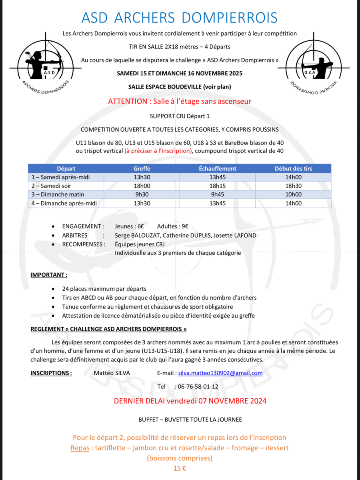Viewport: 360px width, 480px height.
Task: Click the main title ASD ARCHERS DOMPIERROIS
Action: pyautogui.click(x=180, y=18)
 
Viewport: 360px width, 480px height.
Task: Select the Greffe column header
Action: pyautogui.click(x=142, y=169)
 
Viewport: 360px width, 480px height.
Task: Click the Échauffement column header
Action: pyautogui.click(x=217, y=169)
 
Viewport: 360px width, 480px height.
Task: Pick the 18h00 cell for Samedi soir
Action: pyautogui.click(x=142, y=186)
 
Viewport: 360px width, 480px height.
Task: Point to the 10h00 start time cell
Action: pyautogui.click(x=293, y=195)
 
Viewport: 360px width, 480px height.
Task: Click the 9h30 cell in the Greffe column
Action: pyautogui.click(x=142, y=195)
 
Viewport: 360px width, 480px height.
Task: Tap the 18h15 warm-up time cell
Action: pyautogui.click(x=217, y=186)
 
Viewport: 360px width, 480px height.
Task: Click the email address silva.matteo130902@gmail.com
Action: pyautogui.click(x=220, y=373)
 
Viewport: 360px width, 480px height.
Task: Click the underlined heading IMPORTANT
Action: pyautogui.click(x=49, y=275)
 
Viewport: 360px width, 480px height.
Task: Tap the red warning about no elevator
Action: pyautogui.click(x=180, y=102)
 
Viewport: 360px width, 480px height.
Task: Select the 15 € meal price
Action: pyautogui.click(x=180, y=468)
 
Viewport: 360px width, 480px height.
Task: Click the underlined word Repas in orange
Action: pyautogui.click(x=80, y=448)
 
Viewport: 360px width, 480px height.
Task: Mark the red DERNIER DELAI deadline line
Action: pyautogui.click(x=190, y=401)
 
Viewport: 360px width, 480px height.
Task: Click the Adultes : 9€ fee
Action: pyautogui.click(x=173, y=226)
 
